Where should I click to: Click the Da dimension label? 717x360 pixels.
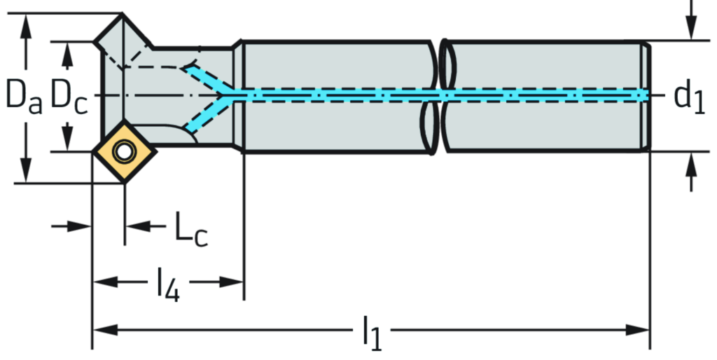[24, 96]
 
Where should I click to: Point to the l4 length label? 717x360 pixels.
[168, 282]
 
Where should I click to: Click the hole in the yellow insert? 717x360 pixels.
[124, 151]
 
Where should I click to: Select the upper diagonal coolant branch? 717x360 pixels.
[206, 78]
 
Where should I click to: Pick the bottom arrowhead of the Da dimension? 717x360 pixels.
[26, 172]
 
